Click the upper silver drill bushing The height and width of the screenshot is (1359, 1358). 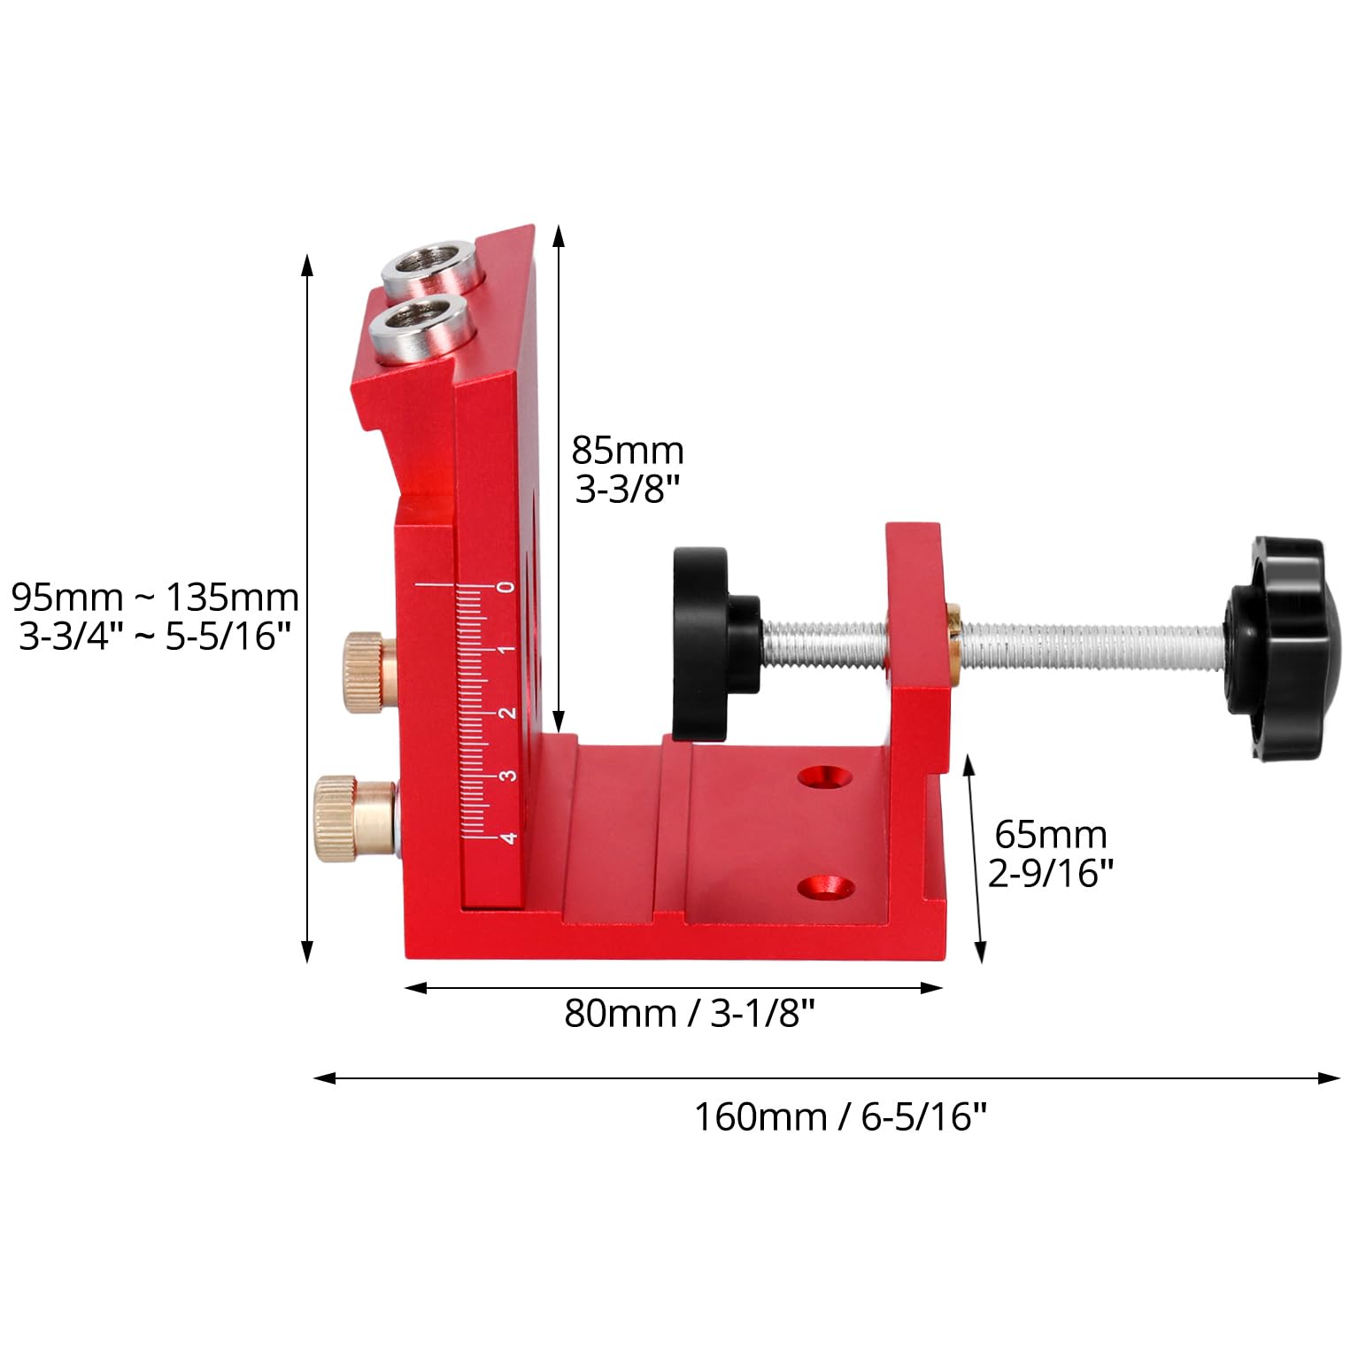(x=434, y=265)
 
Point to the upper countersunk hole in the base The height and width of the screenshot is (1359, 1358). (x=824, y=776)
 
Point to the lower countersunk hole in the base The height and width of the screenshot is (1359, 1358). (x=824, y=886)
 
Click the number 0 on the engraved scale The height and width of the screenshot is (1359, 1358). (x=506, y=587)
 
